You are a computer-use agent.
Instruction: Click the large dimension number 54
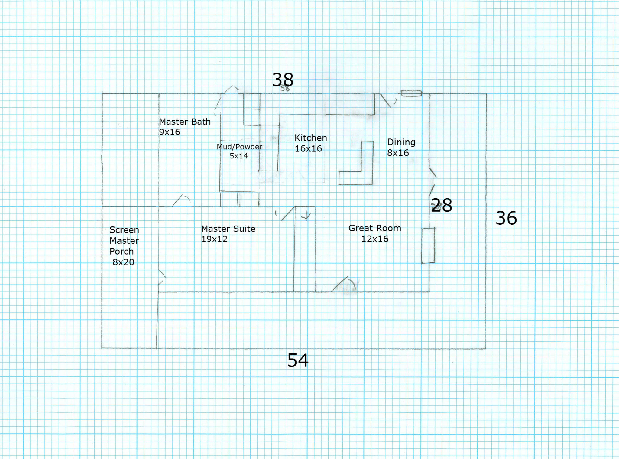pyautogui.click(x=298, y=360)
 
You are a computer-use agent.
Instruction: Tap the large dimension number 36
pyautogui.click(x=506, y=218)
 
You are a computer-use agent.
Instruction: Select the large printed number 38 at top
pyautogui.click(x=283, y=80)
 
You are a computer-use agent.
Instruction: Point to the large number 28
pyautogui.click(x=442, y=205)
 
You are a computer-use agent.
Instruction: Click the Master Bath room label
pyautogui.click(x=185, y=122)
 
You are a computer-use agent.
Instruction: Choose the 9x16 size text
pyautogui.click(x=170, y=132)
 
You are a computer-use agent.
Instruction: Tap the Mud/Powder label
pyautogui.click(x=239, y=147)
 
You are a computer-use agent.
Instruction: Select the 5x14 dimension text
pyautogui.click(x=239, y=156)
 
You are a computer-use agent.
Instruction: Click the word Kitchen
pyautogui.click(x=311, y=138)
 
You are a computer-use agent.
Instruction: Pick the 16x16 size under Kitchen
pyautogui.click(x=308, y=148)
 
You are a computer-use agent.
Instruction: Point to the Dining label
pyautogui.click(x=401, y=142)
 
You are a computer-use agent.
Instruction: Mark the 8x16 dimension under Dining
pyautogui.click(x=398, y=153)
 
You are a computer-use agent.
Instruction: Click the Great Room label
pyautogui.click(x=375, y=228)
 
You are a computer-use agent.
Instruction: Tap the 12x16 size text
pyautogui.click(x=375, y=239)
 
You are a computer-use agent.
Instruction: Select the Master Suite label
pyautogui.click(x=228, y=229)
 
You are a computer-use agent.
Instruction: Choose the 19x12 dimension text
pyautogui.click(x=214, y=239)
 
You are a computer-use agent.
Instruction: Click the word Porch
pyautogui.click(x=122, y=251)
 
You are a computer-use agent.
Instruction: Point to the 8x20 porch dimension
pyautogui.click(x=123, y=262)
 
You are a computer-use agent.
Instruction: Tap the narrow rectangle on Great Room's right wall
pyautogui.click(x=428, y=246)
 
